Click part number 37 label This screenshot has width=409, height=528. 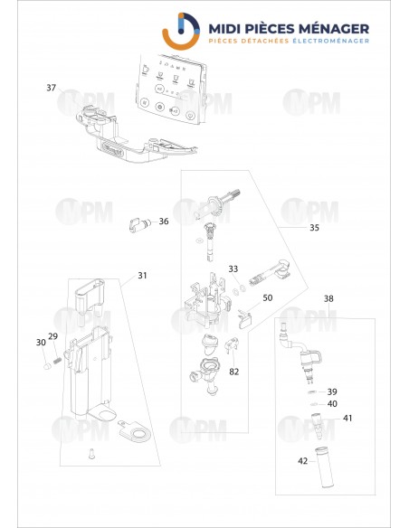(x=52, y=88)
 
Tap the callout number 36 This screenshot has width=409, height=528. (x=164, y=222)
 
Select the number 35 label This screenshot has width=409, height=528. (x=314, y=228)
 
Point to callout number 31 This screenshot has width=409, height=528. (x=142, y=276)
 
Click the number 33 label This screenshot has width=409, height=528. (x=233, y=269)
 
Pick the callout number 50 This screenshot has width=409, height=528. (x=267, y=297)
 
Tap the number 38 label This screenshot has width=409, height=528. (x=328, y=298)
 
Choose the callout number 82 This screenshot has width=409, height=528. (x=234, y=372)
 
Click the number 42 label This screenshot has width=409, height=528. (x=303, y=461)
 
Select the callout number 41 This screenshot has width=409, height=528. (x=347, y=418)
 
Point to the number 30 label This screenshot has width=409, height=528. (x=40, y=343)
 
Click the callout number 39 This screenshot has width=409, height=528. (x=332, y=391)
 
